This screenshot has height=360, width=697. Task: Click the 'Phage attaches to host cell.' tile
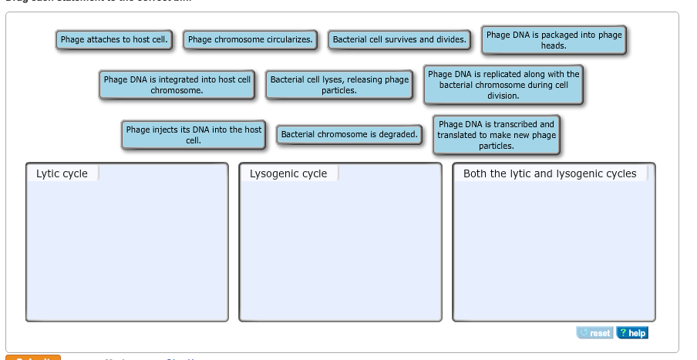[114, 39]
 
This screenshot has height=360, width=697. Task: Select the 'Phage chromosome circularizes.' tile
[251, 39]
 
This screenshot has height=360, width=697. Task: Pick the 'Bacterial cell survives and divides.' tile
[399, 39]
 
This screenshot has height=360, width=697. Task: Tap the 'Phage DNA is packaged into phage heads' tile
[554, 40]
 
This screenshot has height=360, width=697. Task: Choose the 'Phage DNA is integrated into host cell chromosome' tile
[177, 85]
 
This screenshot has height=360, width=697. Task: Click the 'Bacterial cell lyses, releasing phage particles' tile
[339, 85]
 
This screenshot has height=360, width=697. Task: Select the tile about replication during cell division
[503, 85]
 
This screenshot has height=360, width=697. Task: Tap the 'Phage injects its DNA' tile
[194, 135]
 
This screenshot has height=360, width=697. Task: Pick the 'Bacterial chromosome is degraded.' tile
[349, 135]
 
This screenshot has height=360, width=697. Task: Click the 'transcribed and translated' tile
[496, 135]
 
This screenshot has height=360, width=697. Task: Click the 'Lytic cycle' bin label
[62, 174]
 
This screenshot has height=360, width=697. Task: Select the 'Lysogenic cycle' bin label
[288, 174]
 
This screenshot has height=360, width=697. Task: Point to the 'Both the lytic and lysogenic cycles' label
[550, 174]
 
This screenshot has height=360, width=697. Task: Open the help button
[631, 333]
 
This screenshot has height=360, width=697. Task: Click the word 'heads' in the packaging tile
[554, 46]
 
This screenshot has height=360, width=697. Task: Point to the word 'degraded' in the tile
[398, 135]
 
